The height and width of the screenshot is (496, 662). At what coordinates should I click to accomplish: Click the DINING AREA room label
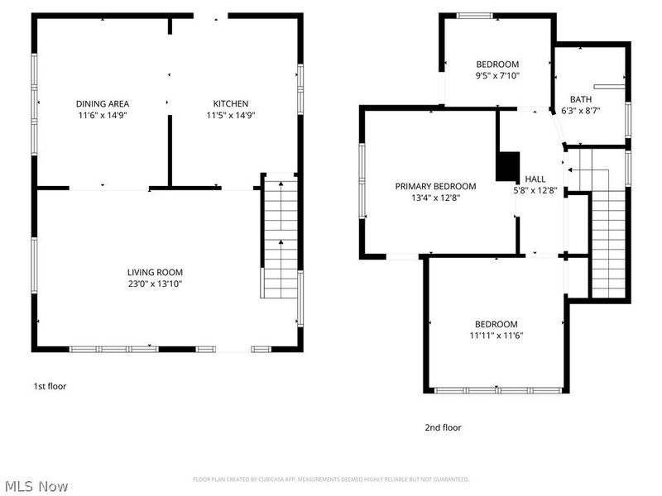(x=103, y=103)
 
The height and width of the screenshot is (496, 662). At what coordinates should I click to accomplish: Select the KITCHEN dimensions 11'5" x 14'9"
(x=231, y=116)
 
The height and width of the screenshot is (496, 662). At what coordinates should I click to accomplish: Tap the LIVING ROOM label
(x=155, y=272)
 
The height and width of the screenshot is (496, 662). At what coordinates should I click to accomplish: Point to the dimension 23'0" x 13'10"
(x=155, y=284)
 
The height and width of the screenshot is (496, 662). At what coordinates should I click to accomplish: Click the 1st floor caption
(x=49, y=386)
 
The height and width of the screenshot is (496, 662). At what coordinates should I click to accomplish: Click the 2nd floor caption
(x=443, y=427)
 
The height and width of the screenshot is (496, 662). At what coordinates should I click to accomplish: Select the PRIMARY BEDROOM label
(x=435, y=186)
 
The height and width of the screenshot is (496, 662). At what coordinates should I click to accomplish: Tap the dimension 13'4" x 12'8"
(x=435, y=198)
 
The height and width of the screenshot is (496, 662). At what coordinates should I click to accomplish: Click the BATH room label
(x=580, y=98)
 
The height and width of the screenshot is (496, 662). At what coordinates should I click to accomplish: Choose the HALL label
(x=535, y=179)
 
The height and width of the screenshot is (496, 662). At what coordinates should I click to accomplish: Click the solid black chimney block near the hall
(x=507, y=165)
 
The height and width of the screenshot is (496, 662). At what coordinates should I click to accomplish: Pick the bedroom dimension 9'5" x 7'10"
(x=497, y=76)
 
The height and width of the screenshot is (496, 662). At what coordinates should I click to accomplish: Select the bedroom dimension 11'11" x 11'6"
(x=496, y=336)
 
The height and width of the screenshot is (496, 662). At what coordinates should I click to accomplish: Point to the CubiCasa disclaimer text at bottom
(x=331, y=479)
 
